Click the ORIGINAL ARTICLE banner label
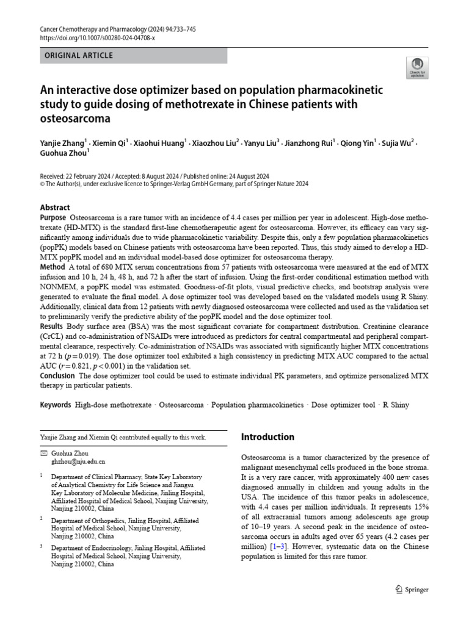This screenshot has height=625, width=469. pos(79,56)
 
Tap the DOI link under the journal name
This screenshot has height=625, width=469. pos(97,38)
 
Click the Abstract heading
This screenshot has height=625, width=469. pos(55,208)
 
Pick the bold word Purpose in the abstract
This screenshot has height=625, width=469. pos(53,218)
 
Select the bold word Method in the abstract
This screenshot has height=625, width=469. pos(52,267)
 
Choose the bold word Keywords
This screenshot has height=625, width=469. pos(56,405)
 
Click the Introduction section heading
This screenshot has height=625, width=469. pos(267,437)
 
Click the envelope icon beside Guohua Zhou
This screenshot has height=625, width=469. pos(43,453)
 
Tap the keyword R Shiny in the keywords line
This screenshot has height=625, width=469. pos(396,405)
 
